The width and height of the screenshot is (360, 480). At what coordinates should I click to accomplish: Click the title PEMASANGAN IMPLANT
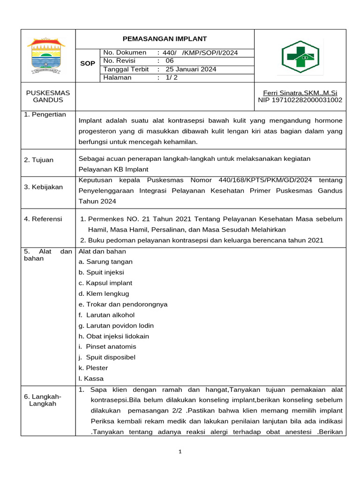(x=165, y=39)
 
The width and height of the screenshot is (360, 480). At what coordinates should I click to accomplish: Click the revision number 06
(x=169, y=61)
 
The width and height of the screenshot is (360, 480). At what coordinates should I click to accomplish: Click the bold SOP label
(x=88, y=63)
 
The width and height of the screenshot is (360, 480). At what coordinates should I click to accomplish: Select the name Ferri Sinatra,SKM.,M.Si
(x=300, y=93)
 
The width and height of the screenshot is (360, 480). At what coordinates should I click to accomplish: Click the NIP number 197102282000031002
(x=300, y=100)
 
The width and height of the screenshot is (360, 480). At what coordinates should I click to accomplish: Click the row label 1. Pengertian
(x=45, y=114)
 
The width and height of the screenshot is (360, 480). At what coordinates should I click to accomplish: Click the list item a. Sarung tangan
(x=105, y=262)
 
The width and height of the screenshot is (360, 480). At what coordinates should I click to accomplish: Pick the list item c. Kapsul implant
(x=105, y=283)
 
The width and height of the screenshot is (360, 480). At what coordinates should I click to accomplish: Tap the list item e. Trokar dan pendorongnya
(x=123, y=304)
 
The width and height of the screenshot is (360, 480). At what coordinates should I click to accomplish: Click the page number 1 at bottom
(x=180, y=452)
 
